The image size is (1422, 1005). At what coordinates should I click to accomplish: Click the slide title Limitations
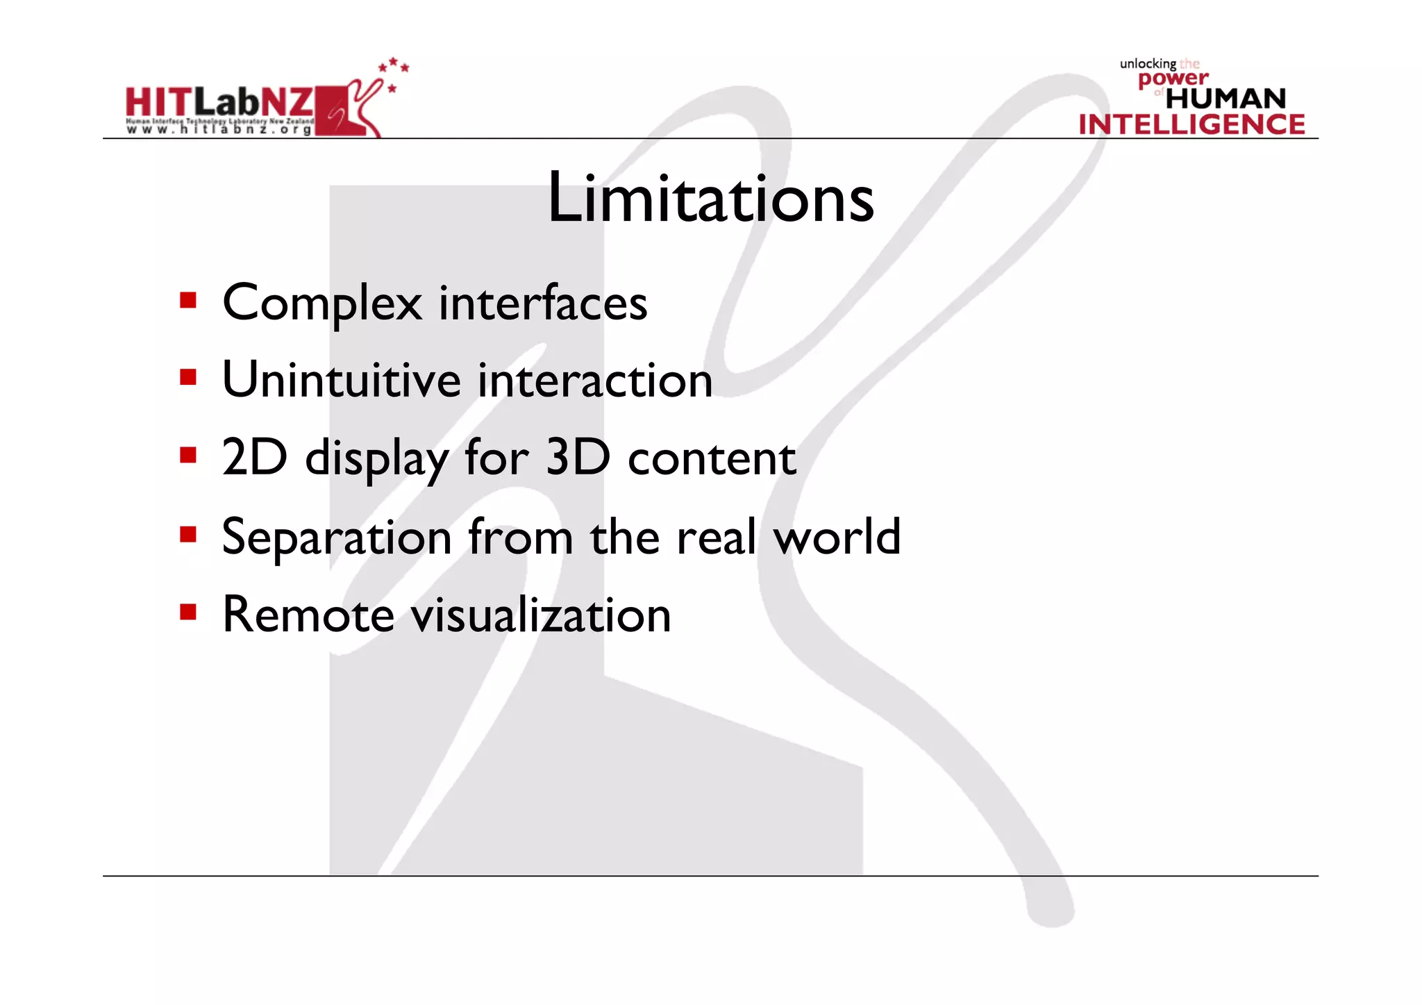(x=710, y=199)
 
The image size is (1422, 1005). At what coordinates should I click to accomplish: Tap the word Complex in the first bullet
(x=321, y=304)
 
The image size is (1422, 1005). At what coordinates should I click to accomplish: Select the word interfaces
(x=543, y=304)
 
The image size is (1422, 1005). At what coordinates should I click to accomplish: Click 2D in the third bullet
(x=254, y=458)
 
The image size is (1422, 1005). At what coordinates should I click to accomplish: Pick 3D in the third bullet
(x=578, y=458)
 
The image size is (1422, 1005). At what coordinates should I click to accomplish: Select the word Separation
(x=337, y=537)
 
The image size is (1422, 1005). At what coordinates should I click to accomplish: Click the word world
(x=837, y=537)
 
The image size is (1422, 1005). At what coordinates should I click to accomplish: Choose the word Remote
(x=308, y=615)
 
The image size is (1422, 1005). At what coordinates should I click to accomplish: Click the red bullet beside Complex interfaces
(x=187, y=300)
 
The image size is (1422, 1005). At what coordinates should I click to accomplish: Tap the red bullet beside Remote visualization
(x=187, y=612)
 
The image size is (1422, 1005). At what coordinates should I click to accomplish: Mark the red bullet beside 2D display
(x=187, y=456)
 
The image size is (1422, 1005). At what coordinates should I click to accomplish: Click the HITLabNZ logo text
(x=219, y=102)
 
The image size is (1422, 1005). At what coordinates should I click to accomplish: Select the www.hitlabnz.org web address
(x=218, y=130)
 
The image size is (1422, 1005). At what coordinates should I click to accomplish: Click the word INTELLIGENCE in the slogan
(x=1191, y=125)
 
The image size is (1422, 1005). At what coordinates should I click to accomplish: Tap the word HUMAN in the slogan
(x=1226, y=99)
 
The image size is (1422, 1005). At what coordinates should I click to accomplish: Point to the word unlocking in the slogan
(x=1148, y=64)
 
